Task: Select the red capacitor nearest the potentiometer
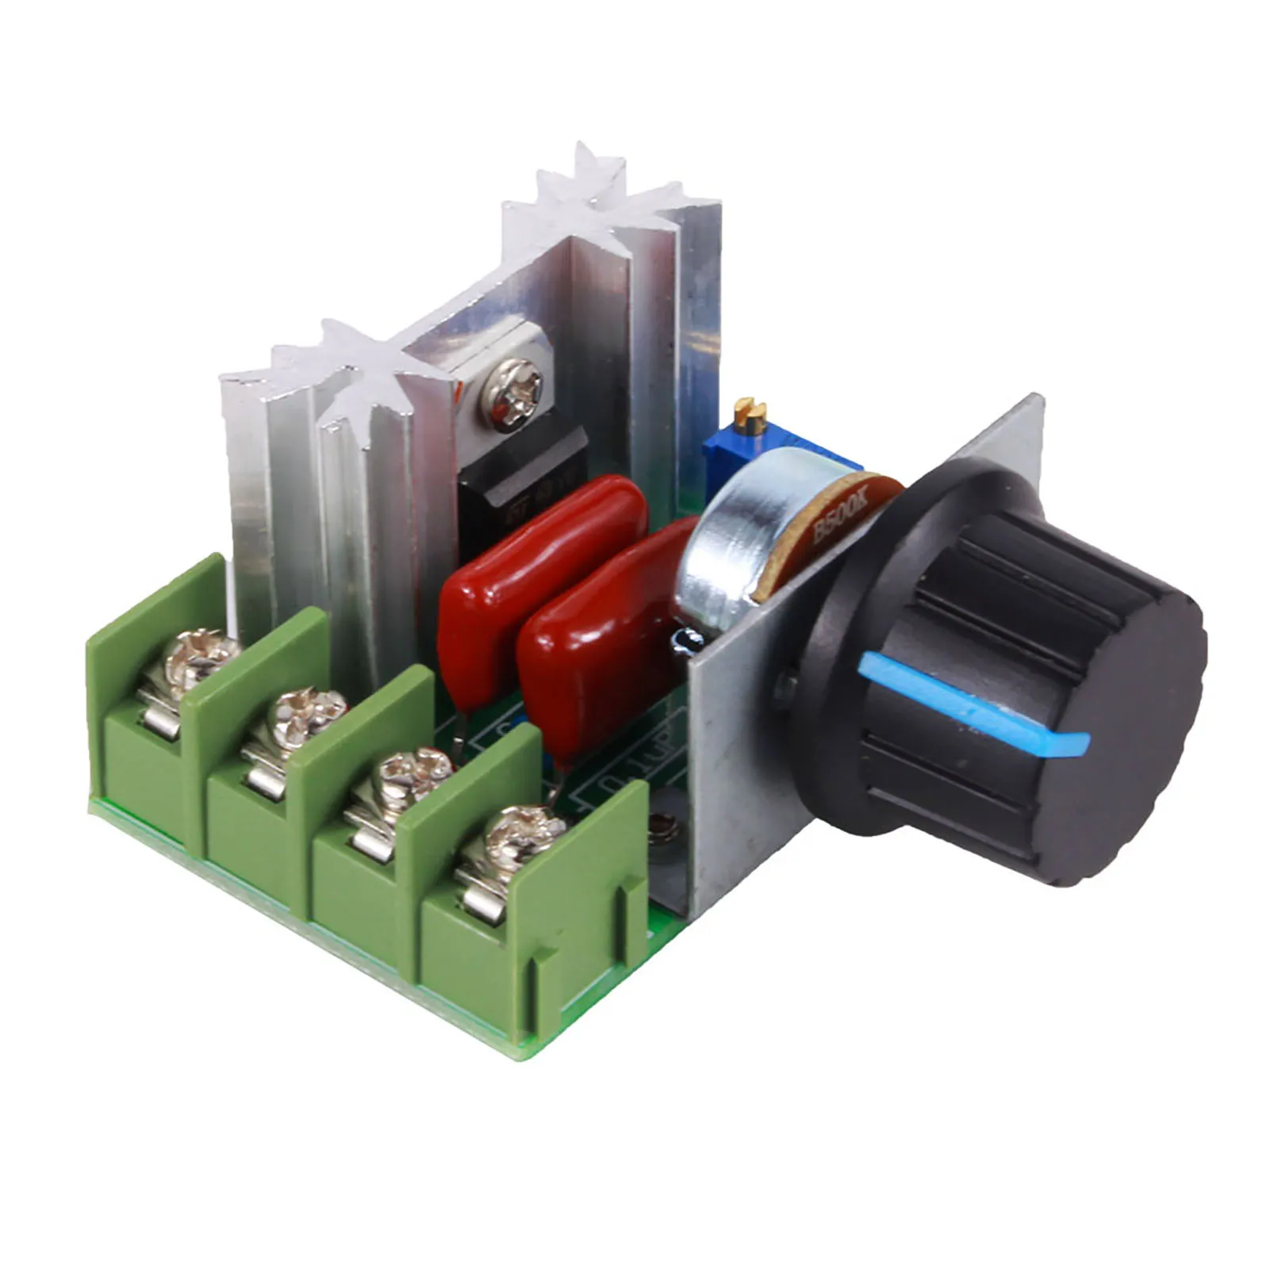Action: pos(603,635)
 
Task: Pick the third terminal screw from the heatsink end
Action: pos(409,773)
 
